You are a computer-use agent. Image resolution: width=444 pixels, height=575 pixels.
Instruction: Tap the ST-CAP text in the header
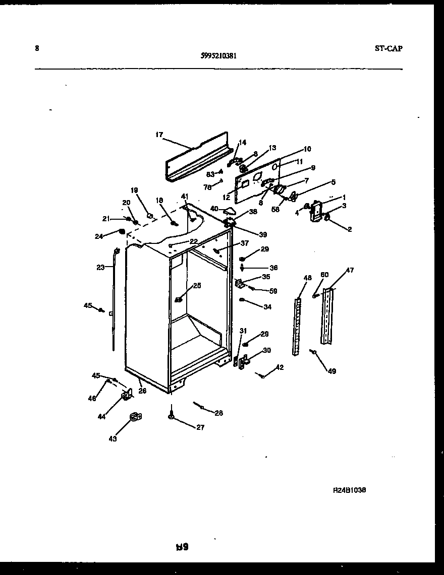click(x=389, y=49)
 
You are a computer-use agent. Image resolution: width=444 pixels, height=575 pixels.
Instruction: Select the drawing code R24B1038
click(x=349, y=490)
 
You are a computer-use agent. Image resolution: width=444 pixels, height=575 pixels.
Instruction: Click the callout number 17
click(x=159, y=135)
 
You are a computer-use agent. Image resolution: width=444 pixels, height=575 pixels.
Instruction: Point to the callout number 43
click(x=113, y=439)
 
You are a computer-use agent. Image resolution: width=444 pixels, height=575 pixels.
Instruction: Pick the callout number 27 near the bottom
click(x=200, y=427)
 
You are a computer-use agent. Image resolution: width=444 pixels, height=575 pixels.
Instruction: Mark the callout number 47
click(x=350, y=271)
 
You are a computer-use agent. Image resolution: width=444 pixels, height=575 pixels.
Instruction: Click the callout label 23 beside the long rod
click(x=100, y=268)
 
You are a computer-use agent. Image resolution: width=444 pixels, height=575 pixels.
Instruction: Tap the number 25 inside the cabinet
click(x=197, y=286)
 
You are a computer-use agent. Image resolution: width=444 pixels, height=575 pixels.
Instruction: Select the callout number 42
click(x=280, y=367)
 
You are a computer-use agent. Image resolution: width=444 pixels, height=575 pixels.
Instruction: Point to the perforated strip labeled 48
click(x=298, y=325)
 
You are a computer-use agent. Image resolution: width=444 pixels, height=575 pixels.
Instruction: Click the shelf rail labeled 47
click(x=328, y=316)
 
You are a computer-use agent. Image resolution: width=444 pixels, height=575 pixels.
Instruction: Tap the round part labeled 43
click(x=135, y=416)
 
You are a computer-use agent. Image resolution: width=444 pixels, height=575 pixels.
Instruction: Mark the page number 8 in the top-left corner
click(x=37, y=48)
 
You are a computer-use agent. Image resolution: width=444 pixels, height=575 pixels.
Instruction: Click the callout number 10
click(x=307, y=149)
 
